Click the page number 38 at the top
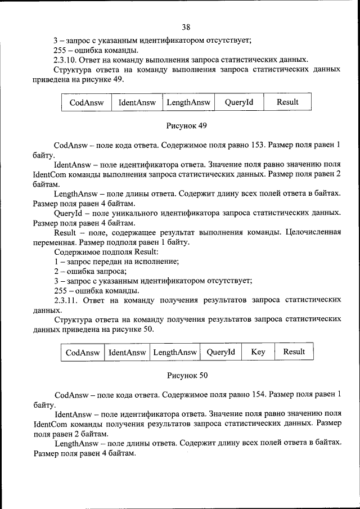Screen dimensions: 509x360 [x=186, y=27]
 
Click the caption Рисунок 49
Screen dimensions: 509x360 [x=186, y=124]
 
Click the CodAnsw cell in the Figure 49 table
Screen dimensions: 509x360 [x=86, y=102]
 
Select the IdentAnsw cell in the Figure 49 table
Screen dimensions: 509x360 [x=137, y=102]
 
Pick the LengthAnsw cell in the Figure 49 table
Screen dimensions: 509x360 [x=187, y=102]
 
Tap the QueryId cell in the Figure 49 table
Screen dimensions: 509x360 [x=239, y=102]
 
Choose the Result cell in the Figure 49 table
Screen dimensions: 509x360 [x=287, y=102]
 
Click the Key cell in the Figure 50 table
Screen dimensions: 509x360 [x=258, y=352]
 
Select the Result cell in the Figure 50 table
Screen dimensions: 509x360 [x=294, y=352]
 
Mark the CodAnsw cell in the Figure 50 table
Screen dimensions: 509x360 [x=83, y=352]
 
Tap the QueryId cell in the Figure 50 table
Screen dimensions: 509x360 [x=220, y=352]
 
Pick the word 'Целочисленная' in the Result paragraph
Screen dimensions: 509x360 [x=313, y=232]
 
